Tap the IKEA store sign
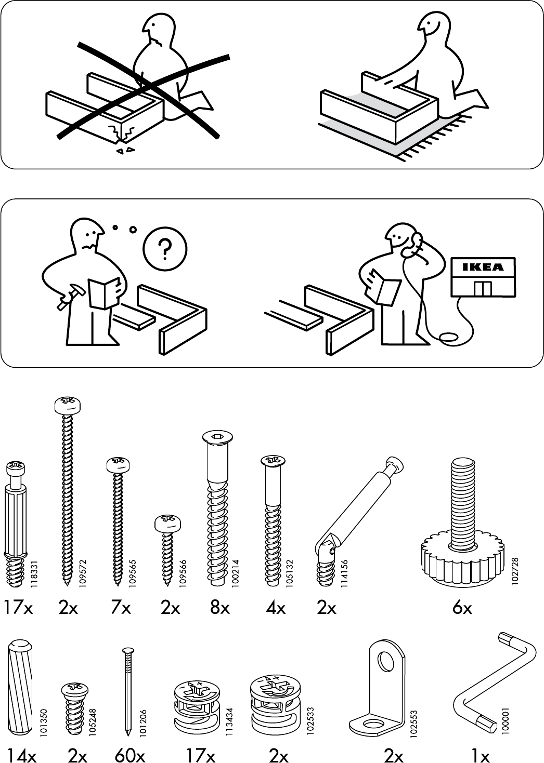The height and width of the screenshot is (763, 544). (484, 267)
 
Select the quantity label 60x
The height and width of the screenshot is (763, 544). (129, 756)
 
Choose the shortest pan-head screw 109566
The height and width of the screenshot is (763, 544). (167, 545)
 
